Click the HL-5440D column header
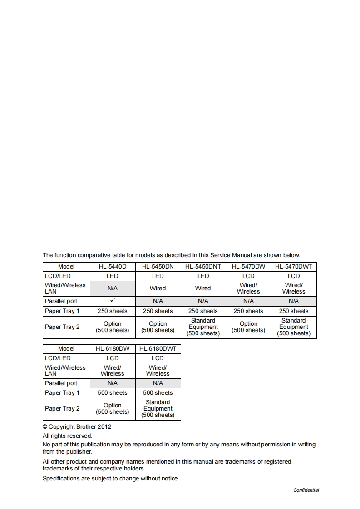point(112,267)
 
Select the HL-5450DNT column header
point(203,267)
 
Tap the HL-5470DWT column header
point(294,267)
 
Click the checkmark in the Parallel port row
point(112,300)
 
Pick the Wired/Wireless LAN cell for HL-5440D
point(112,289)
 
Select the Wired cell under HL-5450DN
point(158,289)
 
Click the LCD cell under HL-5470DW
point(248,276)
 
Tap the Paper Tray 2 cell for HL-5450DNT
point(203,327)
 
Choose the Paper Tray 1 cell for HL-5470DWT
point(294,311)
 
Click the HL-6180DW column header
point(112,349)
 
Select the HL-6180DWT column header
point(158,349)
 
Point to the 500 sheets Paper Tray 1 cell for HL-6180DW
point(112,393)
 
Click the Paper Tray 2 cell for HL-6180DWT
point(158,409)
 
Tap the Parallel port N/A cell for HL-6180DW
point(112,383)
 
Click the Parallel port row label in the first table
point(61,301)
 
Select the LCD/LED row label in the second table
point(58,358)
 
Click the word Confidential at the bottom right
point(306,490)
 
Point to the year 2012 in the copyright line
point(104,427)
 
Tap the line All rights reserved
point(67,436)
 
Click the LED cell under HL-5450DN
point(158,276)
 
